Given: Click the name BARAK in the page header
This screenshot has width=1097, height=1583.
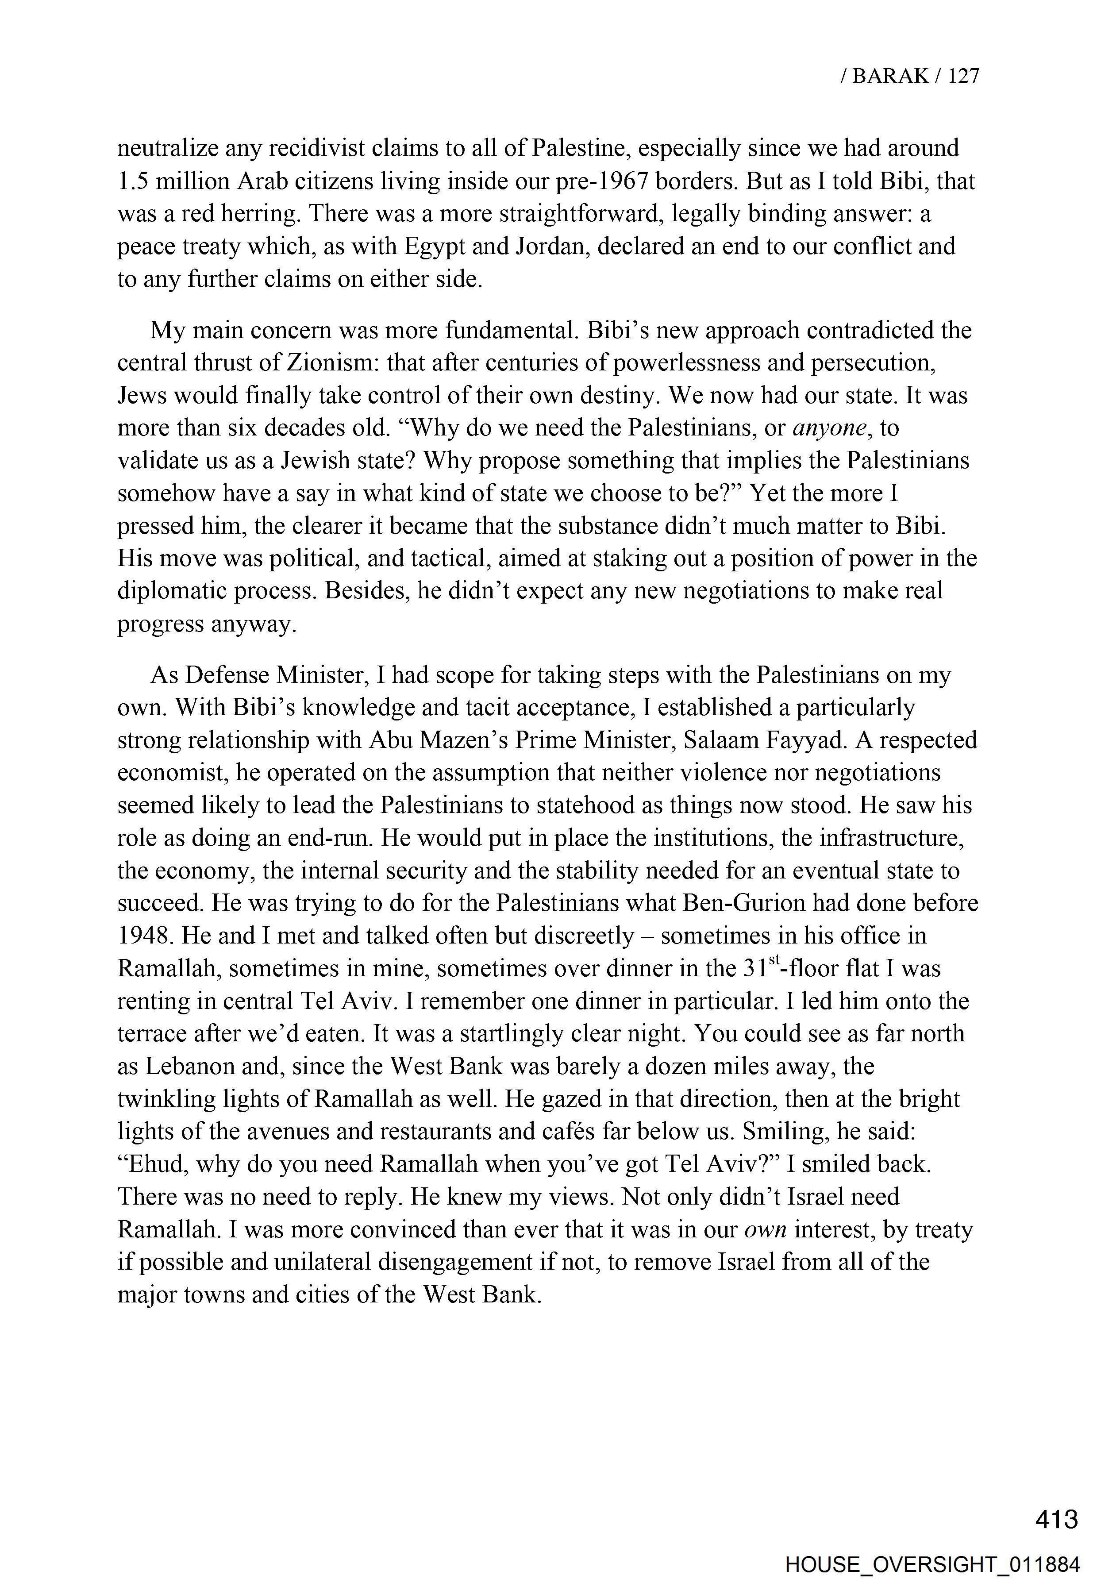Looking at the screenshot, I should click(x=890, y=76).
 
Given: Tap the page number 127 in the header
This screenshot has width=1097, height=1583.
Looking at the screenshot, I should click(x=964, y=76).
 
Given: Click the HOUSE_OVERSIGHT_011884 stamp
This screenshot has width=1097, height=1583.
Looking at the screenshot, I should click(x=933, y=1564).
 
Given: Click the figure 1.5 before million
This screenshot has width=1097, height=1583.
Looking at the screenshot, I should click(x=133, y=181).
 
